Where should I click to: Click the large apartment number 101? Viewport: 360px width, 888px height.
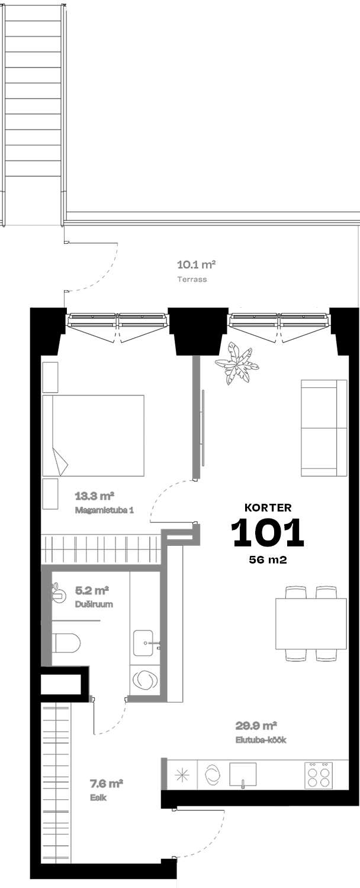coord(268,532)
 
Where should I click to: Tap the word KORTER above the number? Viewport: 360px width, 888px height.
coord(268,507)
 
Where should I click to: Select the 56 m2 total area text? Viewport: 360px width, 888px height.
coord(268,559)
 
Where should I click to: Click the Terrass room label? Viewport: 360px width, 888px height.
coord(192,279)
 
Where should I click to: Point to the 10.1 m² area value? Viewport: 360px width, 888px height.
coord(196,264)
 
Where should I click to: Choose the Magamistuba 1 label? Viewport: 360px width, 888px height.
coord(104,510)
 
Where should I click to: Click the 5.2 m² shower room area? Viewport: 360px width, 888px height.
coord(92,591)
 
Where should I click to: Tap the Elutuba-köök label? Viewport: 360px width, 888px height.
coord(261,740)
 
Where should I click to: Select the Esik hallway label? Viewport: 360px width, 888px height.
coord(98,797)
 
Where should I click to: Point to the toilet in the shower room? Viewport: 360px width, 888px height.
coord(66,642)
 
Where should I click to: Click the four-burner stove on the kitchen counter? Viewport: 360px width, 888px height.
coord(319,774)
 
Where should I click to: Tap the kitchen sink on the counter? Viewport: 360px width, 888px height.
coord(243,774)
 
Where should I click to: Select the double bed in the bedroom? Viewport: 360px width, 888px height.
coord(93,435)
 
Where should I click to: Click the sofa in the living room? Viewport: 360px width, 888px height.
coord(324,428)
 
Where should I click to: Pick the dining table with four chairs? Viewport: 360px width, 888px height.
coord(311,623)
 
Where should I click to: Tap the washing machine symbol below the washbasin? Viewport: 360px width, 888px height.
coord(144,680)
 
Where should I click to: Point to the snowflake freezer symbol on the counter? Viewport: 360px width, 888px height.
coord(182,774)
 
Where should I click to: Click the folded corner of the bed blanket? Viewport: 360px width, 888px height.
coord(60,461)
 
